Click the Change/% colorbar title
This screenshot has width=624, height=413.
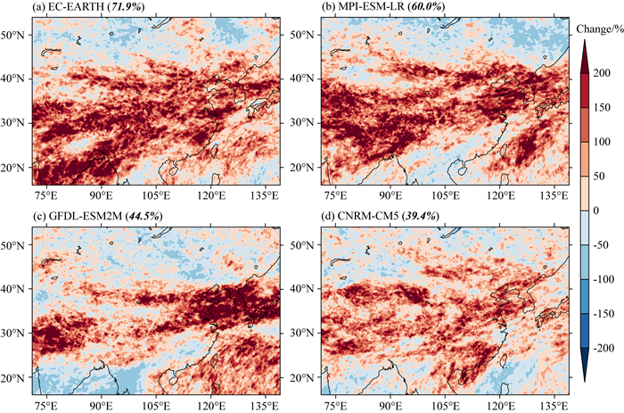(598, 29)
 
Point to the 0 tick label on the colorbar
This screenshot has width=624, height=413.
(607, 209)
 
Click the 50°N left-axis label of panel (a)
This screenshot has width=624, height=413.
(16, 34)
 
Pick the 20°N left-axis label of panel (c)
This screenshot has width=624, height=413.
(16, 376)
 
